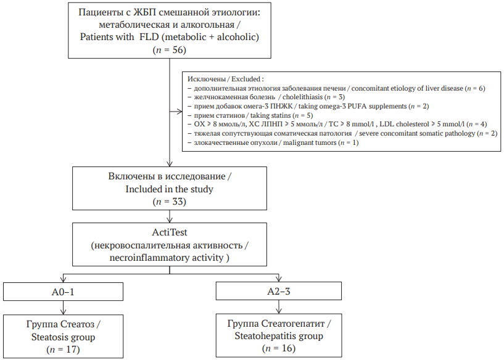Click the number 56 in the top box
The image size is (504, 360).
[180, 50]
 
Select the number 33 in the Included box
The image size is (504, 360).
[180, 202]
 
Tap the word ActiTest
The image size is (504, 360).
[170, 232]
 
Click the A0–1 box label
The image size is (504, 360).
[63, 292]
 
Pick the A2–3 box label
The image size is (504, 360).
[279, 292]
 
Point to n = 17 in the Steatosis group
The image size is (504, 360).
[63, 350]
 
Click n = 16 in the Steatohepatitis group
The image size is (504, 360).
[279, 348]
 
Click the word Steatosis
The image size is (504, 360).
[51, 337]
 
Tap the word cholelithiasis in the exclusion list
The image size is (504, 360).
[302, 97]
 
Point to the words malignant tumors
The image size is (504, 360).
[310, 142]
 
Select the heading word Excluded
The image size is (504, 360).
[246, 79]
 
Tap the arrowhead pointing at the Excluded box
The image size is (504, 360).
[180, 112]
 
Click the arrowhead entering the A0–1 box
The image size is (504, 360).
[63, 279]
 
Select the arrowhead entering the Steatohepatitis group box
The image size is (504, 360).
[279, 310]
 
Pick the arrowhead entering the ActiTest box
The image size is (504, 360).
[170, 219]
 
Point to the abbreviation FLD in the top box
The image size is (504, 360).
[149, 37]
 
